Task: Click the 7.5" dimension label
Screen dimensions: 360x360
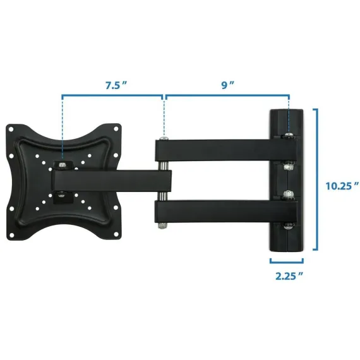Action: [116, 85]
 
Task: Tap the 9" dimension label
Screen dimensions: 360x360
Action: [227, 85]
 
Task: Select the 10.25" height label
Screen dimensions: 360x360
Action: [342, 186]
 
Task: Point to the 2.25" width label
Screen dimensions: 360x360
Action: [289, 276]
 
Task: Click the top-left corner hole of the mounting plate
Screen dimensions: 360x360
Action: [11, 129]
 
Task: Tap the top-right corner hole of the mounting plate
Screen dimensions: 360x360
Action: [116, 129]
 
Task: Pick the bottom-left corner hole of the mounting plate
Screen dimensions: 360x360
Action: [11, 235]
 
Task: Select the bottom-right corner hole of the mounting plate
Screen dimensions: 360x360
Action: [116, 234]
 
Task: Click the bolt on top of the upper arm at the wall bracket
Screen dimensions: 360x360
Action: [289, 135]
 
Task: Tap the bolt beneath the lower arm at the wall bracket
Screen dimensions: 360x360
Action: [288, 226]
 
